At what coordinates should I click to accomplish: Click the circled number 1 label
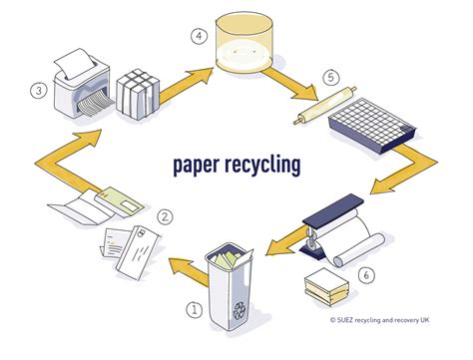click(x=196, y=308)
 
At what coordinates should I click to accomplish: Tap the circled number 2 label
click(x=166, y=216)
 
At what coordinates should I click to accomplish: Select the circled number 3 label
click(x=38, y=91)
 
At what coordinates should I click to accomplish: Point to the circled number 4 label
click(x=199, y=39)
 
